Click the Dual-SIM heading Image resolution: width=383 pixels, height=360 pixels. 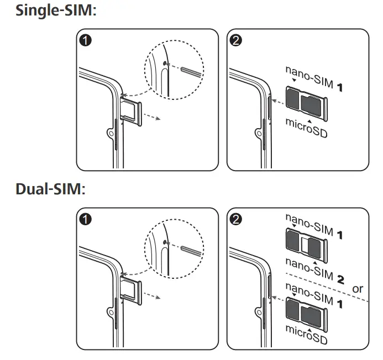pyautogui.click(x=50, y=189)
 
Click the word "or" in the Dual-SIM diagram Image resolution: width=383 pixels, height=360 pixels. pyautogui.click(x=358, y=288)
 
